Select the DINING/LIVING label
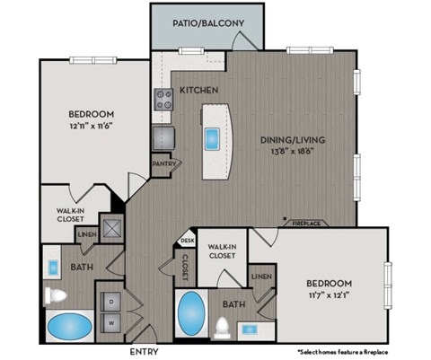click(293, 140)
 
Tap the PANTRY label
click(164, 163)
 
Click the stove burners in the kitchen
click(165, 100)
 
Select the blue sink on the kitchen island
click(213, 138)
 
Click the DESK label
click(186, 241)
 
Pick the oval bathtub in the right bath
click(191, 314)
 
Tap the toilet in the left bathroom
click(52, 294)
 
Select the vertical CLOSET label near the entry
click(186, 267)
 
